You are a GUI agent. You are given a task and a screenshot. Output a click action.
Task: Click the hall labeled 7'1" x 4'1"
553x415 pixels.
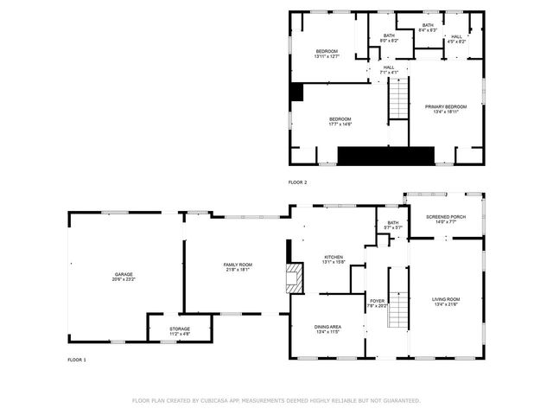389,70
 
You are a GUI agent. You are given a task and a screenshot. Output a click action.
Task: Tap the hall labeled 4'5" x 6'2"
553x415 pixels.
457,39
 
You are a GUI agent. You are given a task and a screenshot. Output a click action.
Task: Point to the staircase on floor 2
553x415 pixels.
397,98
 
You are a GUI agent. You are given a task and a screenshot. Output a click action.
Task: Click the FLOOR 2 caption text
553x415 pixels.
298,182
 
